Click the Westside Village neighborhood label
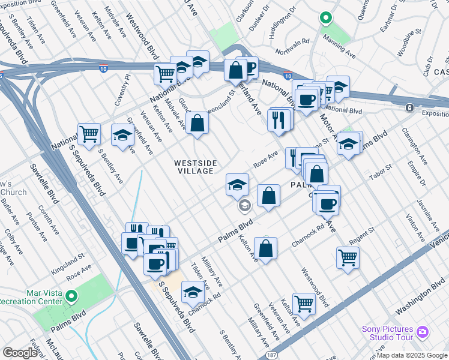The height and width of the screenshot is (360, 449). [x=194, y=167]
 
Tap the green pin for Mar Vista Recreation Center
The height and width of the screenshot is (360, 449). [x=71, y=296]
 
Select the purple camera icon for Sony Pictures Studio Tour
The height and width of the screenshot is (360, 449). [x=423, y=332]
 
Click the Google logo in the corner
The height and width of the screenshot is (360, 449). [x=20, y=352]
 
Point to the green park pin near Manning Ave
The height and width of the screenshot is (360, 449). [x=325, y=18]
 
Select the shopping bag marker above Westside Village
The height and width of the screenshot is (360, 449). [x=197, y=124]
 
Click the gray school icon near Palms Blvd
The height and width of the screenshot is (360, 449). [x=244, y=206]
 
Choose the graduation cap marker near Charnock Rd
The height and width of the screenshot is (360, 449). [x=192, y=292]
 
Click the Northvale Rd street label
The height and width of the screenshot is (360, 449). [x=297, y=42]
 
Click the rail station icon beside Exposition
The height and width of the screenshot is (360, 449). [x=410, y=107]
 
